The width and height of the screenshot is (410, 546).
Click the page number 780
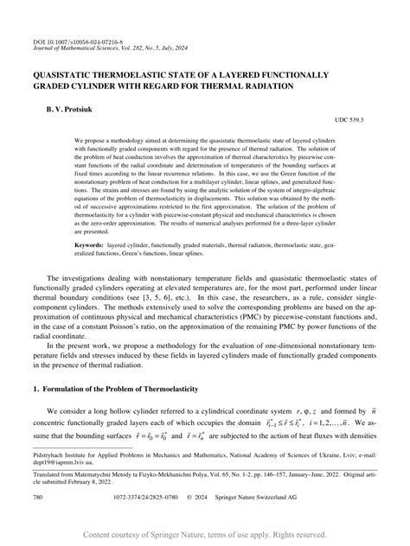[x=38, y=499]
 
